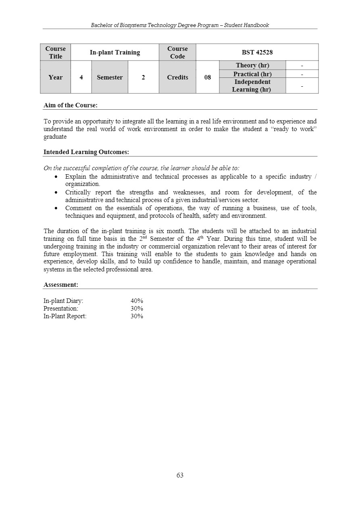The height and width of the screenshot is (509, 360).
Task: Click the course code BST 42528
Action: pos(257,52)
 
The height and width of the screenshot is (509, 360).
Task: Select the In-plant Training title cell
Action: pos(115,52)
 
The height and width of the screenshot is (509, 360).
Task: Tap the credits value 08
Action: pos(208,77)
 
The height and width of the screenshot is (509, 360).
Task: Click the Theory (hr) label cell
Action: pos(252,65)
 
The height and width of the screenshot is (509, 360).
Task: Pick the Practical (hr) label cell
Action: pos(252,74)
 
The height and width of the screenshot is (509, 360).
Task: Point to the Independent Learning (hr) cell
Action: pos(252,86)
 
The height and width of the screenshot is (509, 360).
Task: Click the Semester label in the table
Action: pos(110,77)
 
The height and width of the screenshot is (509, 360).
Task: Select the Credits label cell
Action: pos(177,77)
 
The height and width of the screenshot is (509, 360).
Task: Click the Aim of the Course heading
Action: pos(71,105)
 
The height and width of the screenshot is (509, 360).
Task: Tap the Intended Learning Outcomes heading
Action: pos(86,152)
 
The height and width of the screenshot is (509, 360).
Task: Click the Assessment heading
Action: pos(61,285)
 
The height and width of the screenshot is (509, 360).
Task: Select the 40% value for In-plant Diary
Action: pos(137,301)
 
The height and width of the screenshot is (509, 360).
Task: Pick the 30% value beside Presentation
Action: pos(137,309)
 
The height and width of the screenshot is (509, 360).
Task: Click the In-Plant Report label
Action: pos(65,316)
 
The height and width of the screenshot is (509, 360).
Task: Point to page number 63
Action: pos(180,475)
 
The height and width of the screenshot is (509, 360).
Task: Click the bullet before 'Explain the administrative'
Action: pos(56,177)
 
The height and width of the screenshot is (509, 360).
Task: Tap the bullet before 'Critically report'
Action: pos(56,193)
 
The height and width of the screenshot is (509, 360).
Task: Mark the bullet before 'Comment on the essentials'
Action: pos(56,209)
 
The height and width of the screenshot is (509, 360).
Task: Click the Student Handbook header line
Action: pos(180,25)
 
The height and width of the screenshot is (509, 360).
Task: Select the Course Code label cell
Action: pos(177,52)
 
